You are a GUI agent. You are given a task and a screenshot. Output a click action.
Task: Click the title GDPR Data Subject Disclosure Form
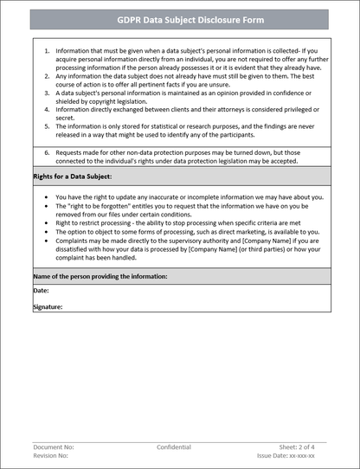[180, 19]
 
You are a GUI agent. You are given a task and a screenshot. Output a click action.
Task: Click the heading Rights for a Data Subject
[67, 176]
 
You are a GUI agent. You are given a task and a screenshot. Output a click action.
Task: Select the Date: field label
[41, 291]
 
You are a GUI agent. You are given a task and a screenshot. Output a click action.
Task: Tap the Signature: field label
[48, 306]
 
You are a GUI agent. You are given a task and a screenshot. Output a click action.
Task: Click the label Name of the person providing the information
[100, 276]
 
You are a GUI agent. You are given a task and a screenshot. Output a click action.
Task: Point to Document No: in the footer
[54, 447]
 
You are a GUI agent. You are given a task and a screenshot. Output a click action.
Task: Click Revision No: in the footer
[53, 455]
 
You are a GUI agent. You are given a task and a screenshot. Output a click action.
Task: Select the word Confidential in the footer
[174, 447]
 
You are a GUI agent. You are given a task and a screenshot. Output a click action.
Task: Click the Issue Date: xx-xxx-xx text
[286, 455]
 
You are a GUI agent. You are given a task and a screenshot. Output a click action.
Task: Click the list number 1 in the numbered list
[47, 52]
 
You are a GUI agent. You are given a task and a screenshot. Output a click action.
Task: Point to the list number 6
[47, 151]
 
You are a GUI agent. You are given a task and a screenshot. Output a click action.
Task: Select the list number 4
[47, 110]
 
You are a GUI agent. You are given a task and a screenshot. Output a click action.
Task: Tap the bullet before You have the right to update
[47, 196]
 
